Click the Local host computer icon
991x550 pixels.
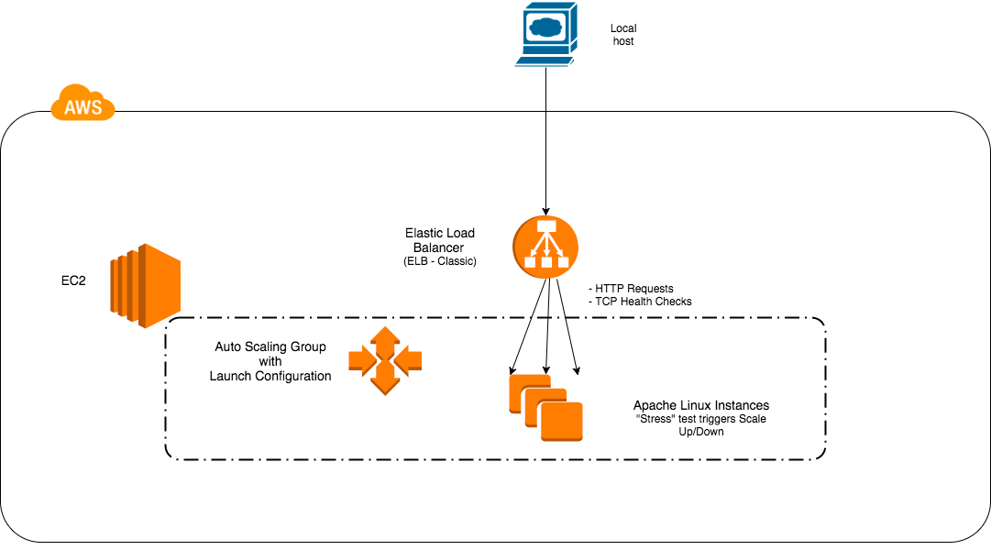(x=546, y=35)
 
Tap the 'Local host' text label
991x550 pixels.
(x=623, y=35)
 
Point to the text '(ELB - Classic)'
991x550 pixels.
(x=440, y=261)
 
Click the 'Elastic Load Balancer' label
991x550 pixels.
(x=440, y=240)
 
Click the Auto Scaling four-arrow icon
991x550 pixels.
(x=386, y=360)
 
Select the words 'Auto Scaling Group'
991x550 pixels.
(x=270, y=347)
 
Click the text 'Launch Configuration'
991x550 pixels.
(x=270, y=376)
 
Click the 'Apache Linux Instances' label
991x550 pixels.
(x=701, y=405)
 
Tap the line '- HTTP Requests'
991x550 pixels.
(x=631, y=288)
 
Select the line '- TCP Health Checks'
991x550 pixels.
(x=640, y=302)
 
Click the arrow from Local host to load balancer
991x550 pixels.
(x=546, y=137)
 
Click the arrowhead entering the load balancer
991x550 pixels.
(x=546, y=210)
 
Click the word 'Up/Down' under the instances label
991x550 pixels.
(x=701, y=431)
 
